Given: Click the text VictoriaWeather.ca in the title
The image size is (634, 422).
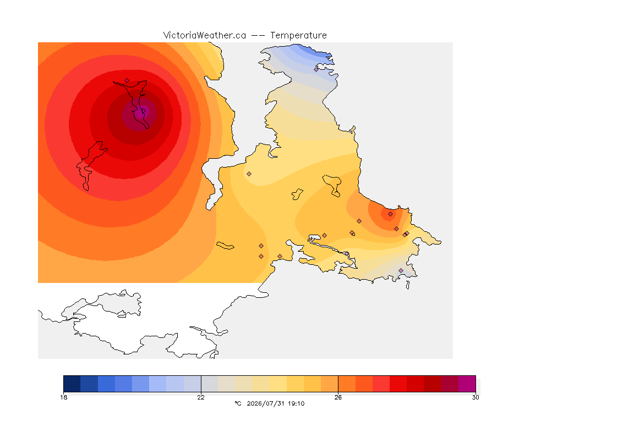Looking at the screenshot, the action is coord(205,35).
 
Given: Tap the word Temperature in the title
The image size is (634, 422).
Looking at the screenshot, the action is coord(298,35).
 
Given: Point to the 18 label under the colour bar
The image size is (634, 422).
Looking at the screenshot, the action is coord(63,397).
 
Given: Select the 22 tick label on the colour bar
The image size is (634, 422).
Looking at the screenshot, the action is coord(201,397).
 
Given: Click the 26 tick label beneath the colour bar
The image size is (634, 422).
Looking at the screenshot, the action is coord(338,397).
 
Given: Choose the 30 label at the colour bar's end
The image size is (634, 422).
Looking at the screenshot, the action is coord(475,397).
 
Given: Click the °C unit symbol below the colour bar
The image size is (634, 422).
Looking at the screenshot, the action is coord(238,403).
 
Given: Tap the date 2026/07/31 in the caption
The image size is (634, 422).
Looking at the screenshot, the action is coord(265,403).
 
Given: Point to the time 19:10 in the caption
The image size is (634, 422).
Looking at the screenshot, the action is coord(296,403).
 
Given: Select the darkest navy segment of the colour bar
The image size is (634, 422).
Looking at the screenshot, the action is coord(72,384).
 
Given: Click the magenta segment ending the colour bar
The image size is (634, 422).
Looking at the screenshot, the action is coord(467,384).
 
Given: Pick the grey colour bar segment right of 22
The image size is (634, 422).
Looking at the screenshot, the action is coord(210,384).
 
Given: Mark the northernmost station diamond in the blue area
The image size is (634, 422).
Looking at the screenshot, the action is coord(316,69).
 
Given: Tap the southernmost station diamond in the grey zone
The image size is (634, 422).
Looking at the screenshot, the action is coord(401,270).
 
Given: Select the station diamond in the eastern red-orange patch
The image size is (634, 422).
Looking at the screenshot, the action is coord(390,214).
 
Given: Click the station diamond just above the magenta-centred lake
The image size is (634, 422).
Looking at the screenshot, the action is coord(127,80).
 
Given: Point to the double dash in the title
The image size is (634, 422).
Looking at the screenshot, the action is coord(258,36).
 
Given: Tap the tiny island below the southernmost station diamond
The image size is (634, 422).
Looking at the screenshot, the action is coord(408,285).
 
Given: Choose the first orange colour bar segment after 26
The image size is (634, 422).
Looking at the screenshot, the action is coord(347,384).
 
